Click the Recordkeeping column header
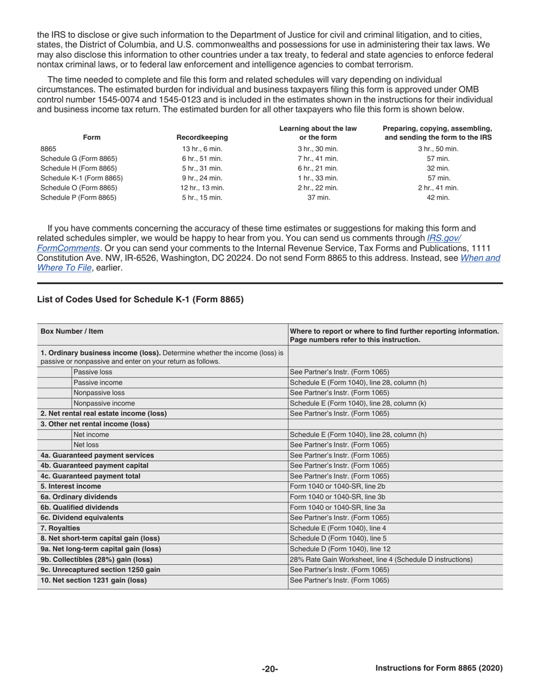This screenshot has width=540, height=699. (x=202, y=137)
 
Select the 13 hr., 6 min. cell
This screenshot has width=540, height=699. (x=202, y=149)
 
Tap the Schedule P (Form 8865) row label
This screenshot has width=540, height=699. (x=78, y=198)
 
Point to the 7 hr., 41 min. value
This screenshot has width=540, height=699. (x=318, y=159)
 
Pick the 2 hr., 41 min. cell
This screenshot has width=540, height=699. (x=438, y=188)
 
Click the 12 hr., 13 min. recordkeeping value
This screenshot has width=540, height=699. (x=202, y=188)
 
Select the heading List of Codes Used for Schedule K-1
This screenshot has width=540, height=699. (x=140, y=299)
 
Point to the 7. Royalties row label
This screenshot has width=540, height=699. (x=60, y=528)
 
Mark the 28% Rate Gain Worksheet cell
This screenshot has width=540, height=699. (x=381, y=559)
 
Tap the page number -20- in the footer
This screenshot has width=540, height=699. (x=269, y=669)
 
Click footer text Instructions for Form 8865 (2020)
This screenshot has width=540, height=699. (x=439, y=668)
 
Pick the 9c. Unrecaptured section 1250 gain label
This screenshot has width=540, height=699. (x=100, y=569)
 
